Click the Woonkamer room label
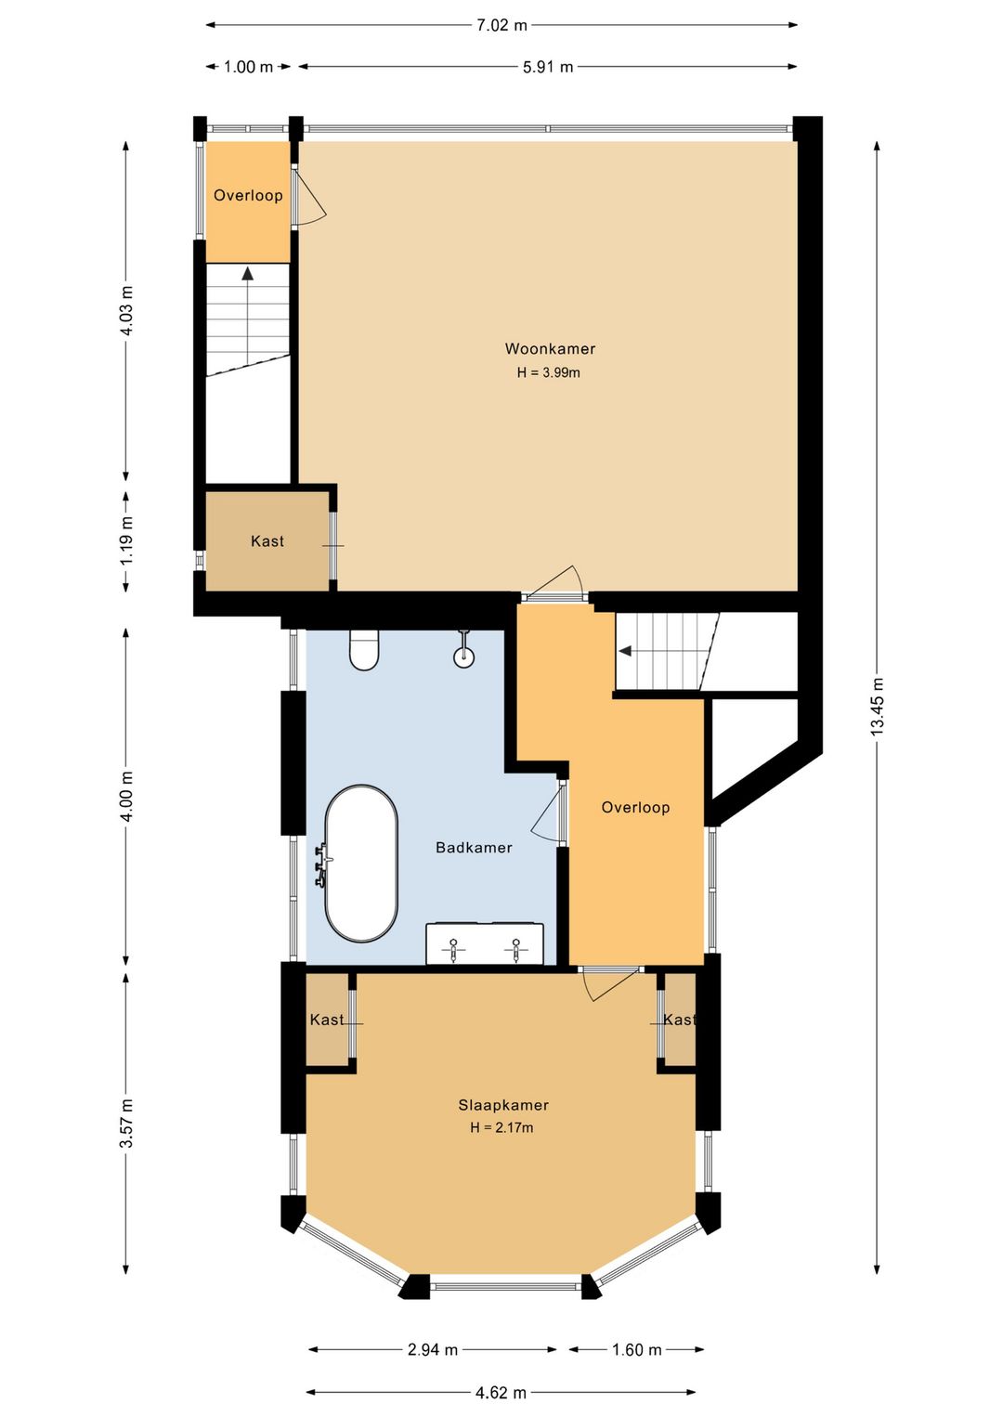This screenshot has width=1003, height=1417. pyautogui.click(x=550, y=348)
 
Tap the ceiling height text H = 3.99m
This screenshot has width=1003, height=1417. pyautogui.click(x=549, y=372)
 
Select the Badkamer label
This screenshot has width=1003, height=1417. pyautogui.click(x=474, y=848)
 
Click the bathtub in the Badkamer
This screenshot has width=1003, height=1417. pyautogui.click(x=361, y=864)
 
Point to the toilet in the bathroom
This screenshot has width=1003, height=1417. pyautogui.click(x=364, y=650)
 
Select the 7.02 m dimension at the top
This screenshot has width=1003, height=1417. pyautogui.click(x=501, y=25)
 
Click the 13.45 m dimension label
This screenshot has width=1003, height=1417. pyautogui.click(x=877, y=706)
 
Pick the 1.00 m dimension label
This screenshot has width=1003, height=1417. pyautogui.click(x=249, y=67)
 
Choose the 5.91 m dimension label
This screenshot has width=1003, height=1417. pyautogui.click(x=548, y=67)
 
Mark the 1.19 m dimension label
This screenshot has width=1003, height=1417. pyautogui.click(x=127, y=541)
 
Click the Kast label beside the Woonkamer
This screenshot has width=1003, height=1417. pyautogui.click(x=267, y=540)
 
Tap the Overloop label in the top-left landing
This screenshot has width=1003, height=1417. pyautogui.click(x=248, y=196)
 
